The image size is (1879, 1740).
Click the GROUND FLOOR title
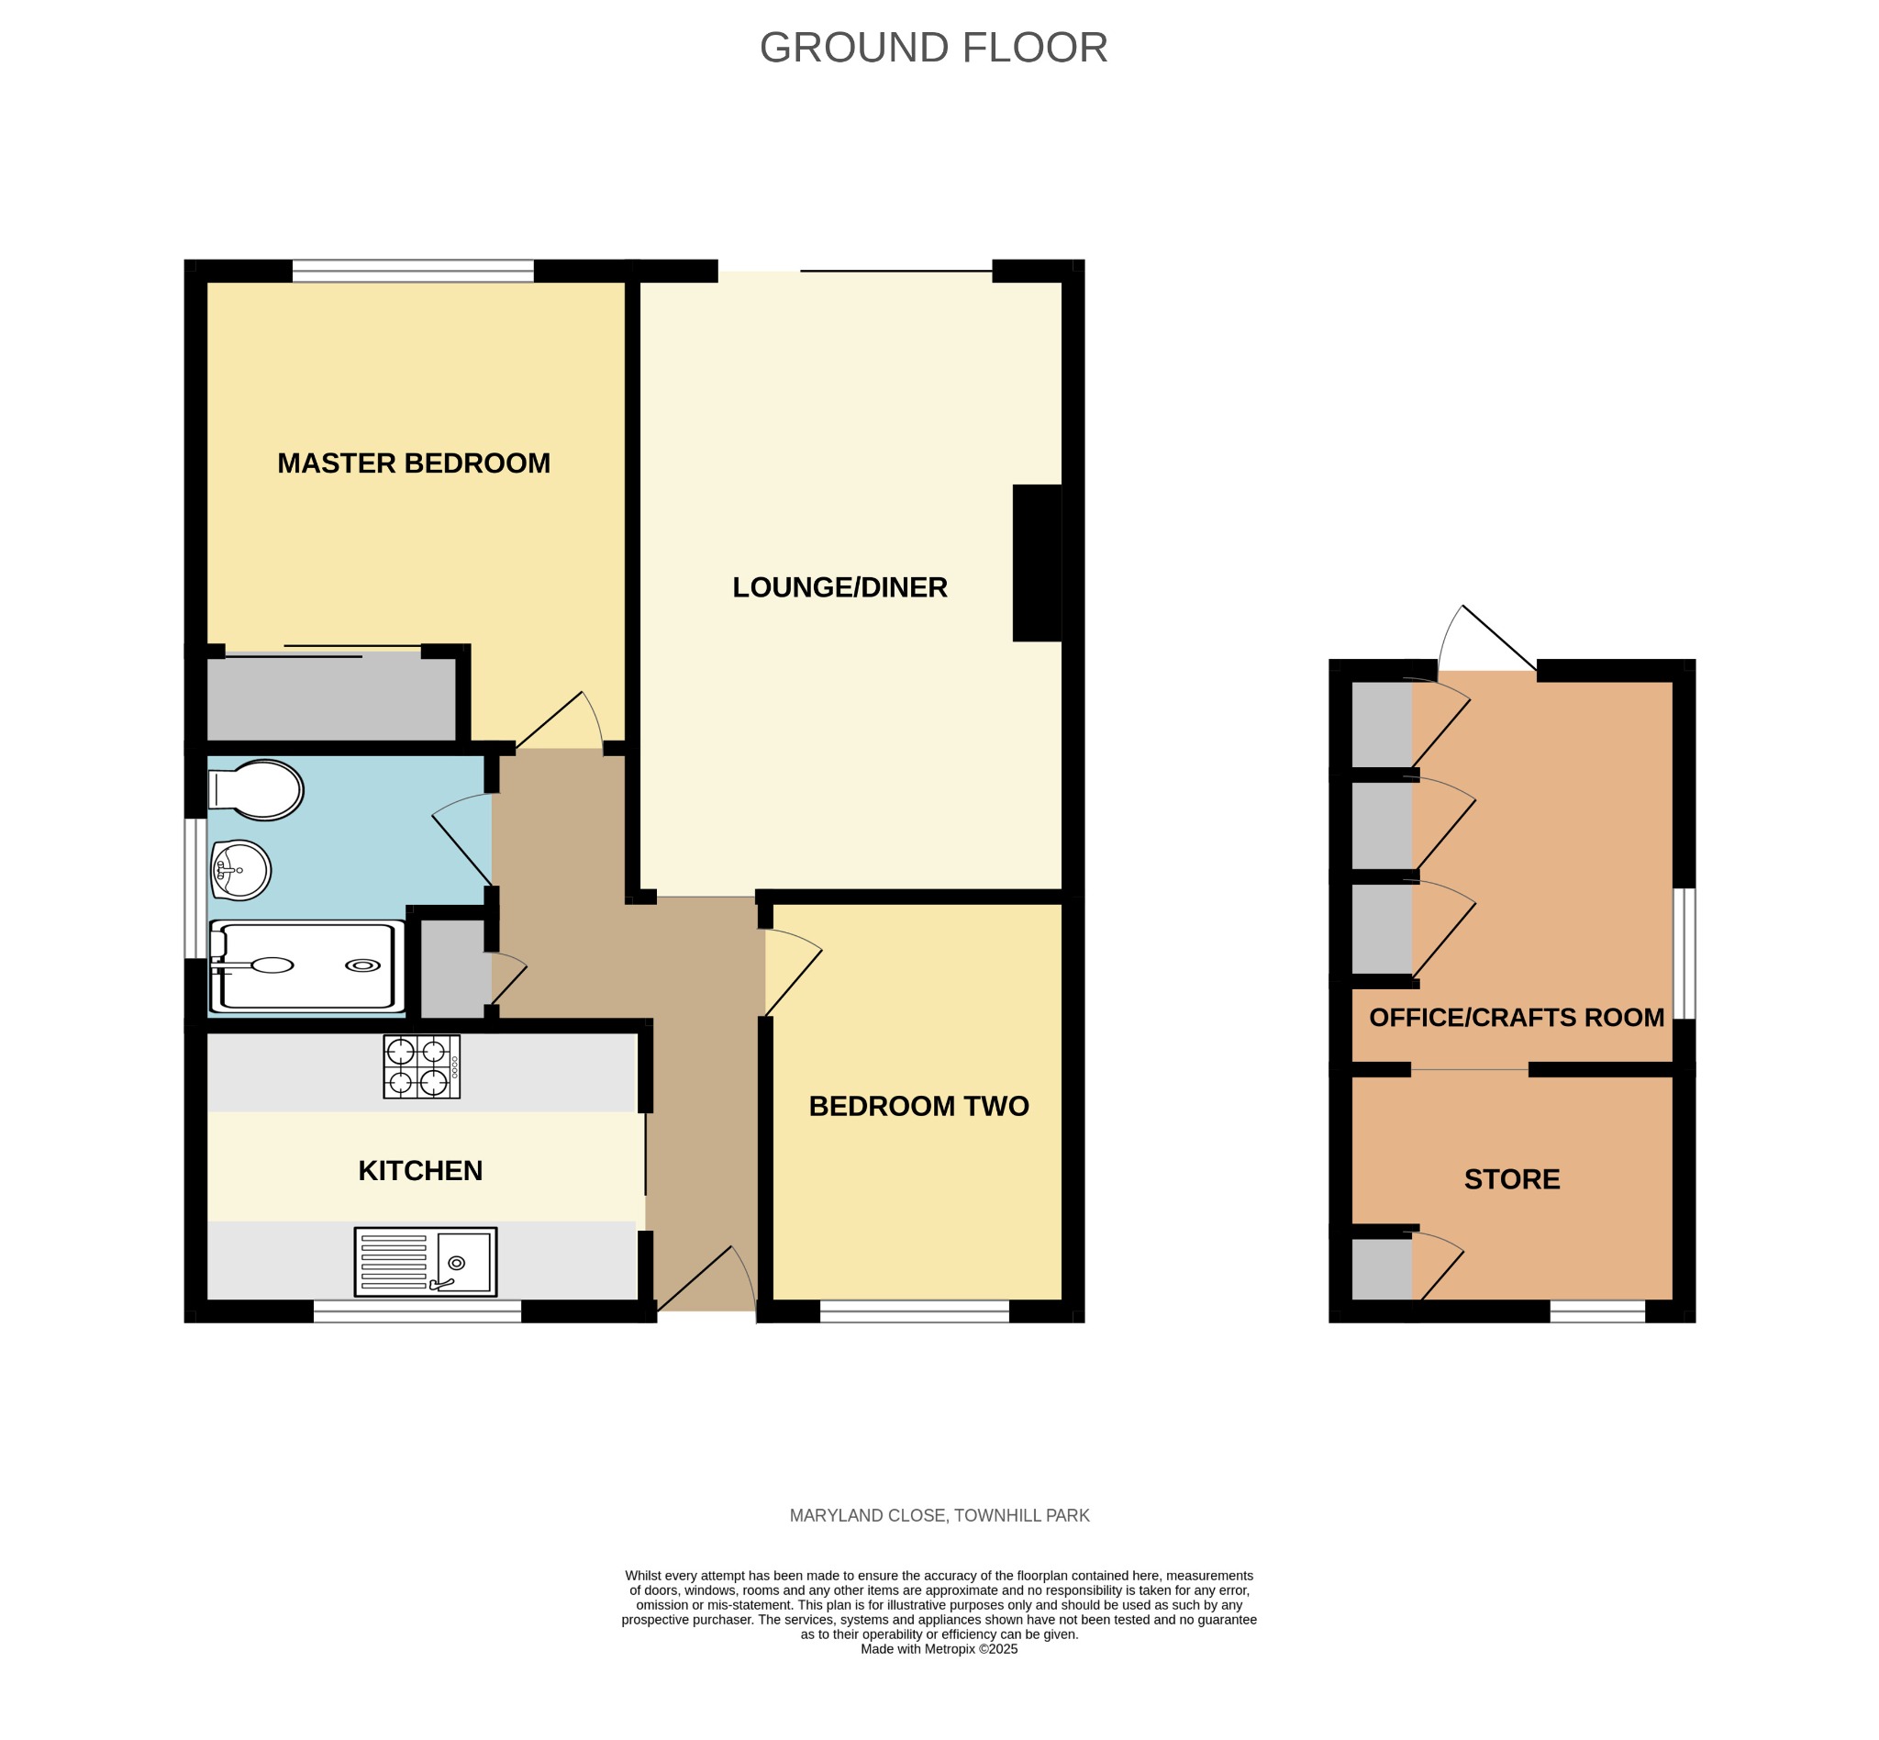tap(933, 48)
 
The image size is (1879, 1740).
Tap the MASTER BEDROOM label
tap(413, 463)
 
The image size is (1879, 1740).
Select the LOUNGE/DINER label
tap(839, 587)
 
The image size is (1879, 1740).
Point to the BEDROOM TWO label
tap(918, 1107)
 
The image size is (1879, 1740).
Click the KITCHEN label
tap(420, 1170)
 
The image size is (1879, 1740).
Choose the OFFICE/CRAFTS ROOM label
tap(1517, 1018)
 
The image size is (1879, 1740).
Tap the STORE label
tap(1512, 1180)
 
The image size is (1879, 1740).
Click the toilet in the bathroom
tap(255, 790)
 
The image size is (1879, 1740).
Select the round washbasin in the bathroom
tap(241, 870)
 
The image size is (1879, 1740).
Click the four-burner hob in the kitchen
tap(422, 1066)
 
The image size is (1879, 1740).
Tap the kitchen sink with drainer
tap(426, 1262)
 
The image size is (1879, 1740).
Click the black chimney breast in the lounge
tap(1038, 563)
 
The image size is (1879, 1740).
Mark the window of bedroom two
tap(914, 1311)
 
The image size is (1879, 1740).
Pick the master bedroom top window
tap(413, 271)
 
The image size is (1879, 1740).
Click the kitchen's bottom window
tap(417, 1311)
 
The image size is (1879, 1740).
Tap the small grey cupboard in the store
tap(1382, 1269)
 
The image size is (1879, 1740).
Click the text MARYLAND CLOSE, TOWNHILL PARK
tap(939, 1516)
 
